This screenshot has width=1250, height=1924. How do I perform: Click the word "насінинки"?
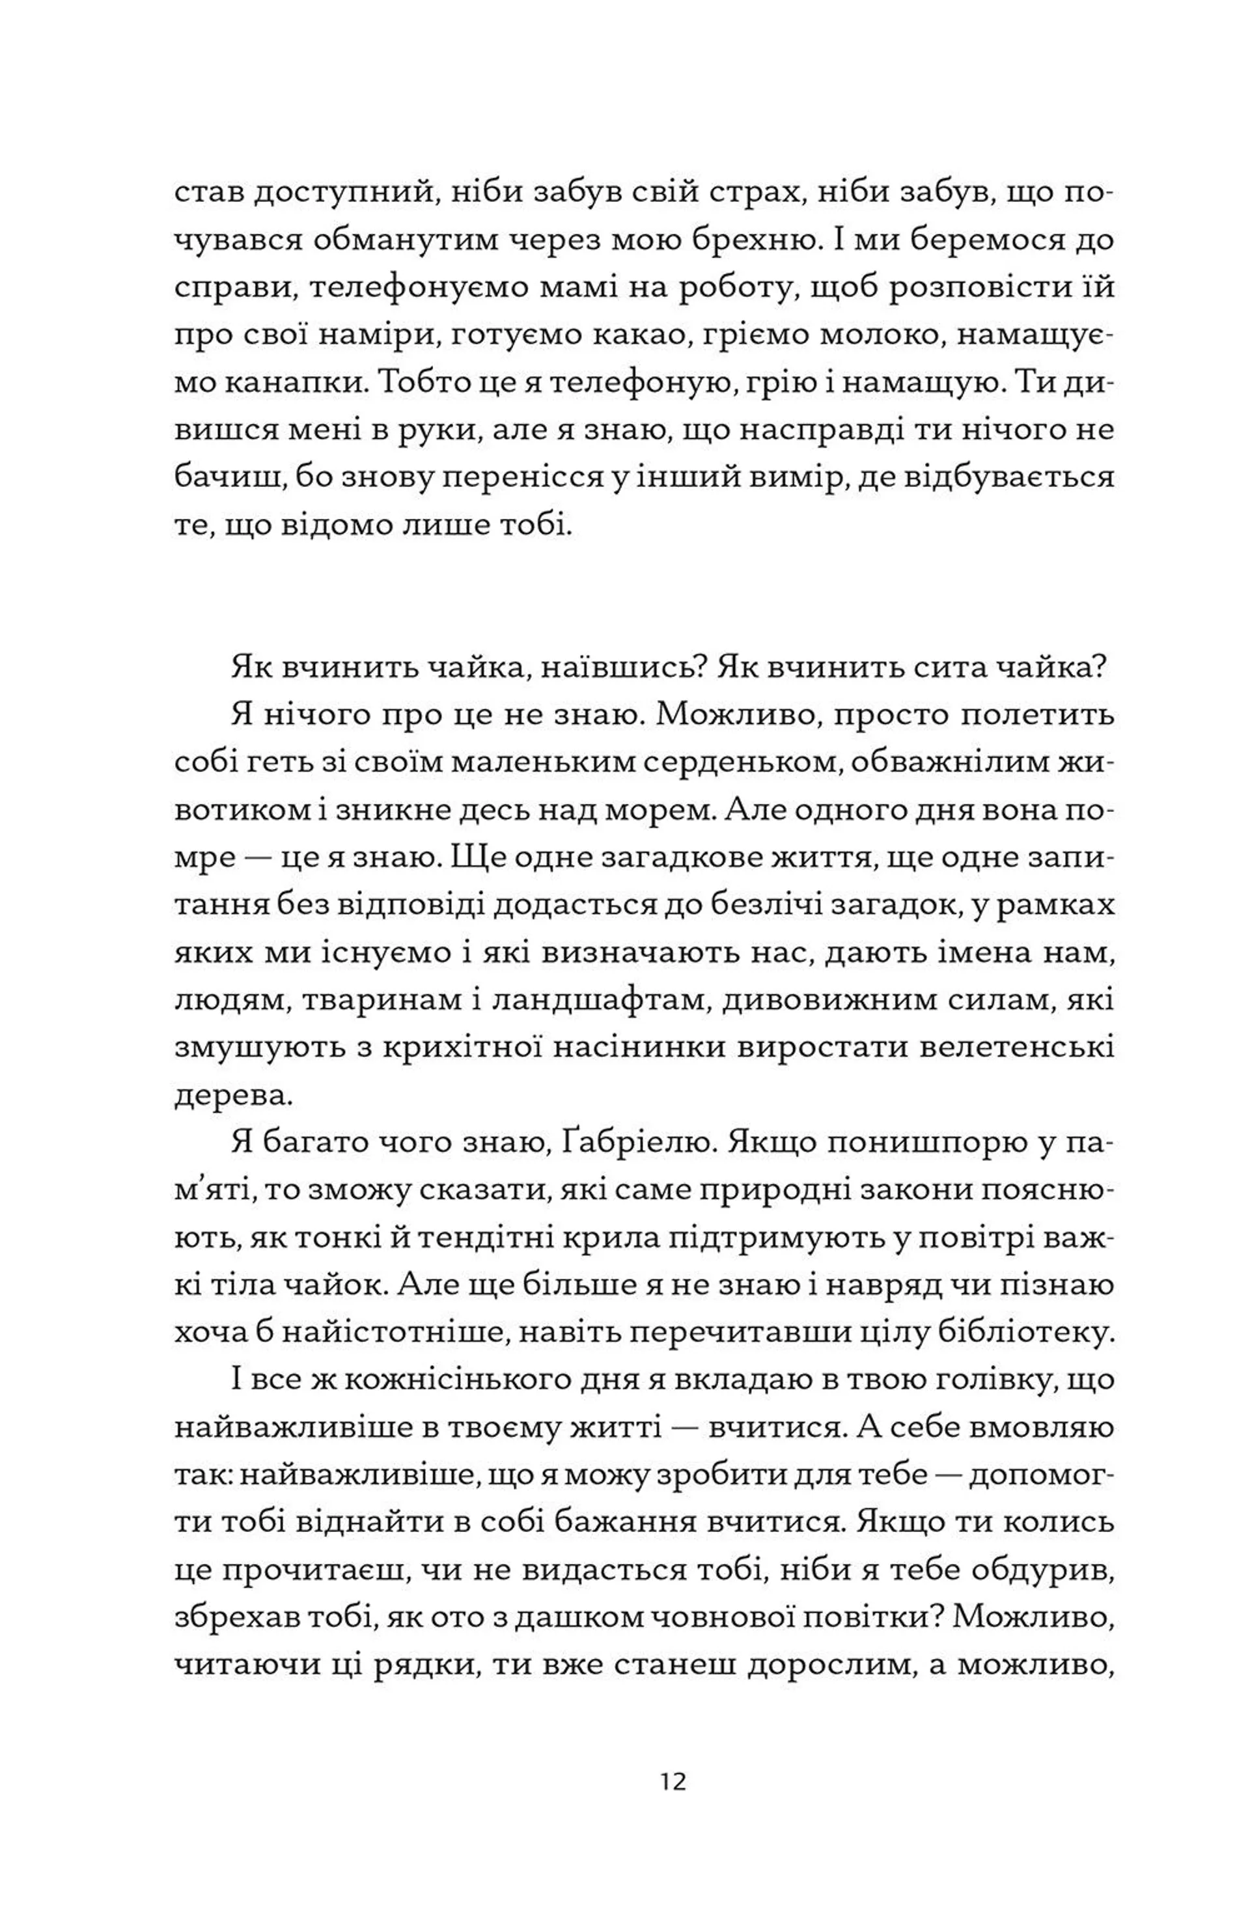[x=635, y=1048]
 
